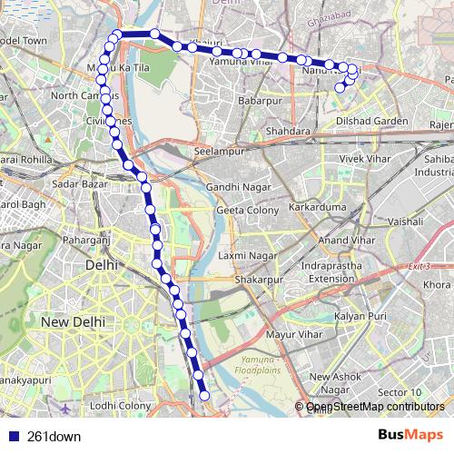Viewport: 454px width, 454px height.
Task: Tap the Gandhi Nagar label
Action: tap(234, 187)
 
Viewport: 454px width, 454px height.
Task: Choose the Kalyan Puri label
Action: tap(360, 316)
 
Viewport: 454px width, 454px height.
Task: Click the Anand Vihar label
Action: tap(346, 240)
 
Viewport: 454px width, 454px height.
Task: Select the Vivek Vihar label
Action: tap(363, 158)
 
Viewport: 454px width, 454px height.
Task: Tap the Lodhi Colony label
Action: tap(121, 406)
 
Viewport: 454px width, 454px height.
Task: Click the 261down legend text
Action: tap(54, 437)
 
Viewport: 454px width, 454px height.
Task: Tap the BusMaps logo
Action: tap(410, 436)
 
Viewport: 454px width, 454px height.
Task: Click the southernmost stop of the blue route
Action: tap(205, 395)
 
